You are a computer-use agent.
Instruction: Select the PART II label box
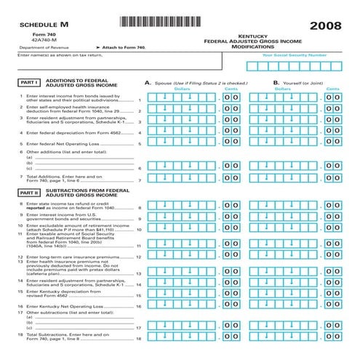(x=29, y=193)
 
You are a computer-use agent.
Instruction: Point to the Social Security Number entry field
(x=295, y=66)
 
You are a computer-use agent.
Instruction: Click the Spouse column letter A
(x=148, y=83)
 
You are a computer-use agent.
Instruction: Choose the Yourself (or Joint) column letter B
(x=276, y=83)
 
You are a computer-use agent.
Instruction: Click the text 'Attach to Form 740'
(x=125, y=47)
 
